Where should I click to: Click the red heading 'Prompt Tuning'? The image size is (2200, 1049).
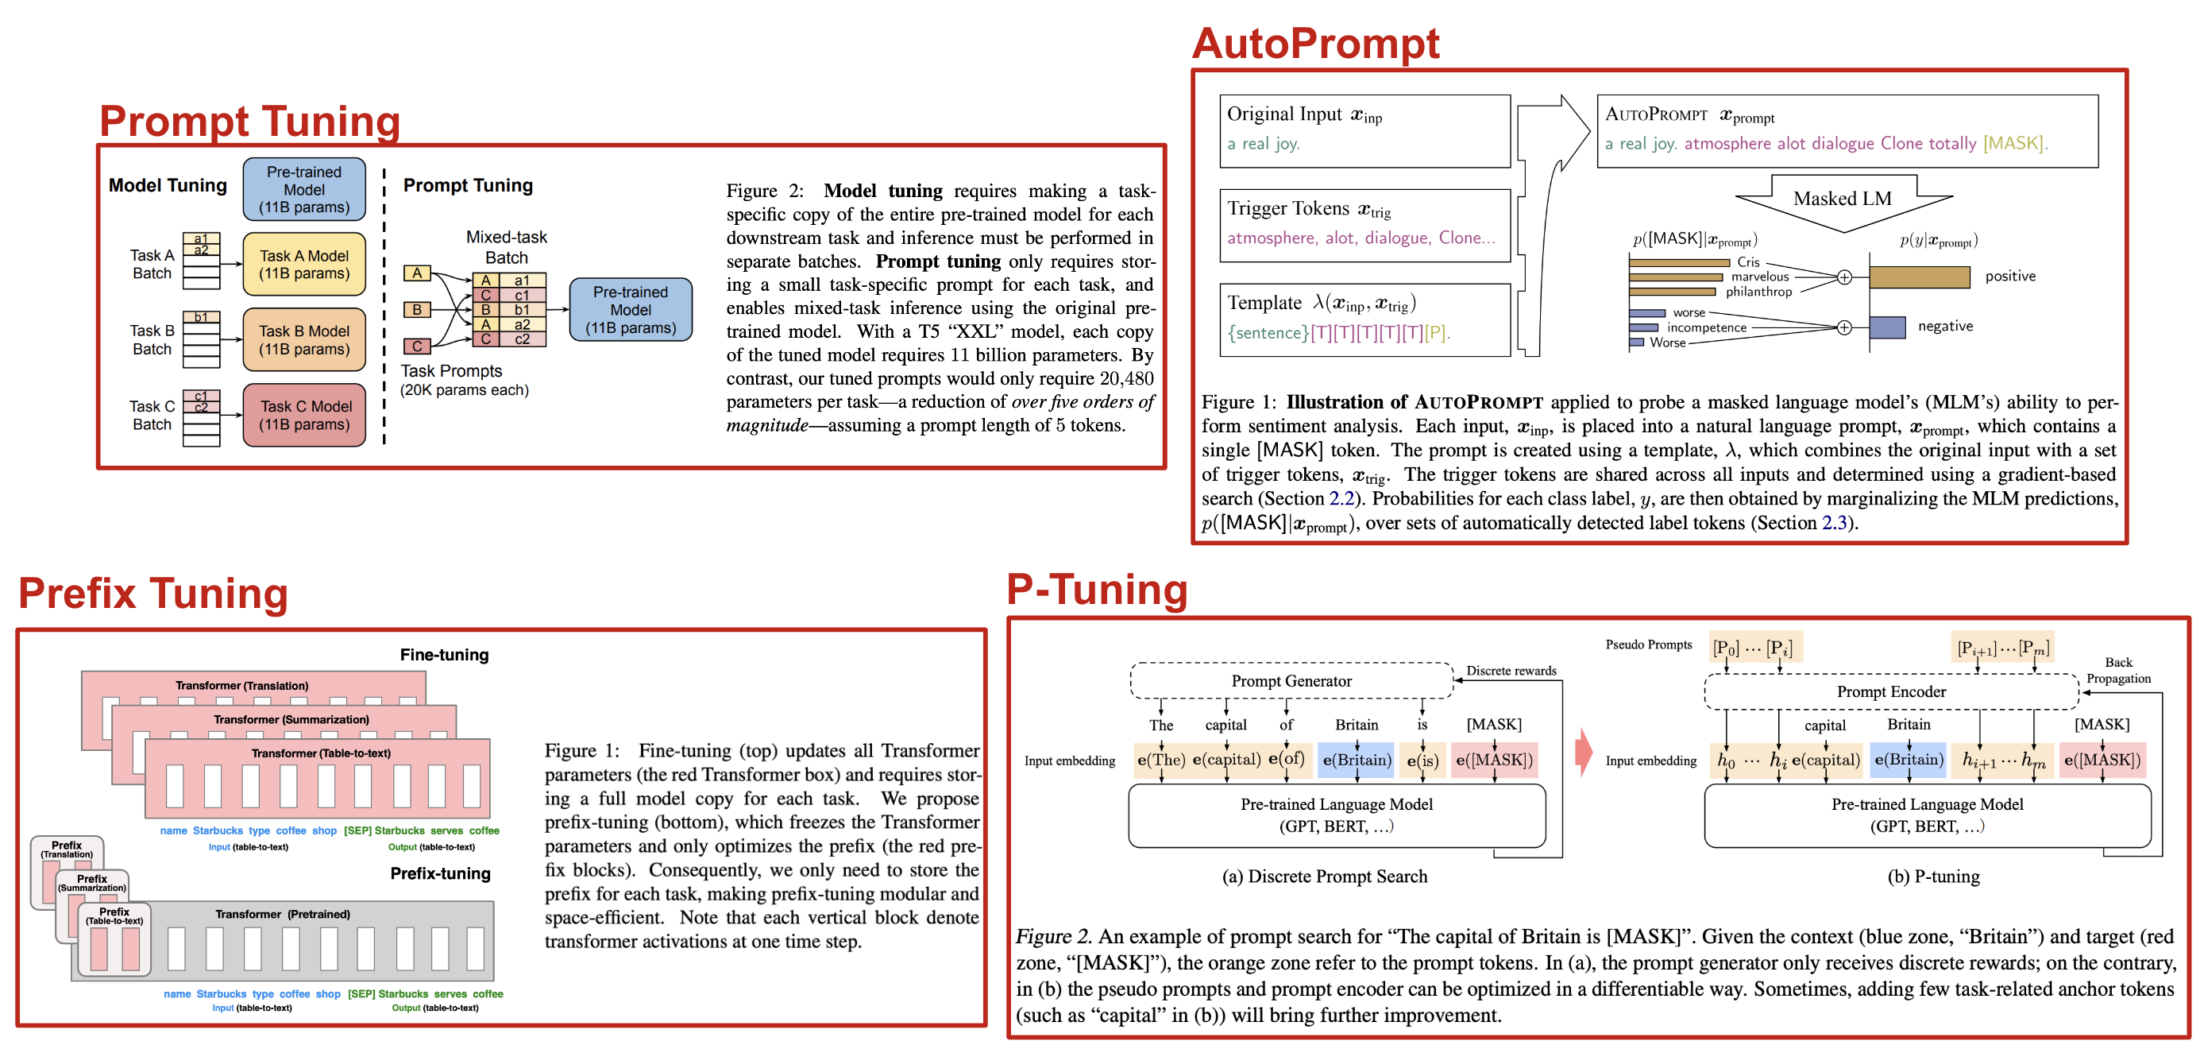tap(249, 122)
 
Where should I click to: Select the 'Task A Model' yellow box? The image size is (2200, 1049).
tap(304, 265)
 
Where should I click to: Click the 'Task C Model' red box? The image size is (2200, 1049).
tap(305, 415)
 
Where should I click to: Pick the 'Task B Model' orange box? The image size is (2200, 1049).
tap(304, 340)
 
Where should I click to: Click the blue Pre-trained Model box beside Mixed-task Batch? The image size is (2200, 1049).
tap(631, 310)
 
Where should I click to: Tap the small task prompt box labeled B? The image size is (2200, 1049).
tap(417, 309)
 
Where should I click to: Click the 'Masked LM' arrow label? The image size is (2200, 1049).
tap(1842, 199)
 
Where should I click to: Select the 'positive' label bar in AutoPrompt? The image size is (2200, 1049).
tap(1919, 277)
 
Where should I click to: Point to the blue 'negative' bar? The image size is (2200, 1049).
tap(1886, 327)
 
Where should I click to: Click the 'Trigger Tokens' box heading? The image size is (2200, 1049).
tap(1309, 209)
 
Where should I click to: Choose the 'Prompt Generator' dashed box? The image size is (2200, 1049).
tap(1291, 681)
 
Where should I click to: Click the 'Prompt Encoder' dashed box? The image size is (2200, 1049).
tap(1891, 692)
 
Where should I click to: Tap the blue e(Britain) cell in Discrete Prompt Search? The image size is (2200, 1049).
tap(1356, 761)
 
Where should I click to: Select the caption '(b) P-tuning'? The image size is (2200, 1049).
tap(1932, 877)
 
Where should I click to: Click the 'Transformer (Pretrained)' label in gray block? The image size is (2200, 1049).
tap(283, 914)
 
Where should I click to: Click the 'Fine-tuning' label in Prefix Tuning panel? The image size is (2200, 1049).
tap(444, 655)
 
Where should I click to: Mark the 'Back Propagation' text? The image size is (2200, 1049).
tap(2118, 671)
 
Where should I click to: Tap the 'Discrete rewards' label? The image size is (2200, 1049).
tap(1511, 671)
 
